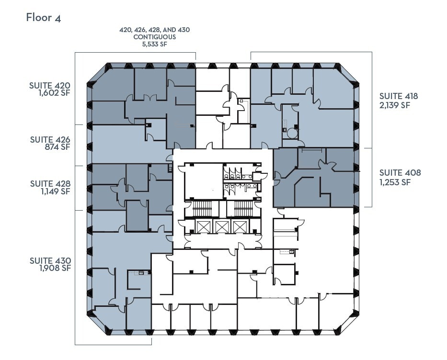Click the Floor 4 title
(x=43, y=18)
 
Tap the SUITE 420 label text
(x=50, y=86)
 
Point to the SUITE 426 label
(x=50, y=140)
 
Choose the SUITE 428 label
(x=50, y=183)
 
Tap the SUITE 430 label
(x=50, y=260)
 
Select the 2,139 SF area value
(x=395, y=105)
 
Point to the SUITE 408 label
(x=400, y=173)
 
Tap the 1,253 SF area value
(x=395, y=182)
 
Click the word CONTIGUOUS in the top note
(x=154, y=37)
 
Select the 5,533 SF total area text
(x=154, y=44)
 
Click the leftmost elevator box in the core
(x=204, y=226)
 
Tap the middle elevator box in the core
(x=221, y=226)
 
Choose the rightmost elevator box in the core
(x=239, y=226)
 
